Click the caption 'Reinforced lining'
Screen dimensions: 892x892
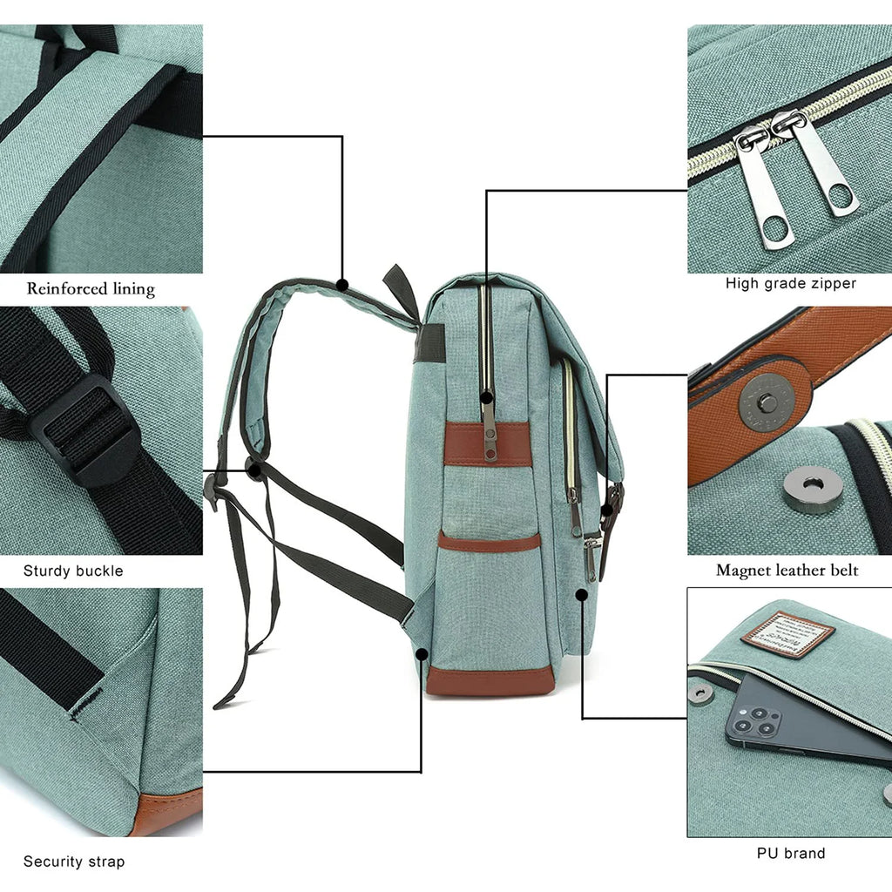[x=91, y=288]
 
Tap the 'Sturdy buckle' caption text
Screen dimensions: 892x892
[x=73, y=571]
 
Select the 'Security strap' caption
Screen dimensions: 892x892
[x=74, y=862]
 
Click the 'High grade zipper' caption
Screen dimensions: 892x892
[x=790, y=283]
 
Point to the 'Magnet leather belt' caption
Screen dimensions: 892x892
[x=787, y=571]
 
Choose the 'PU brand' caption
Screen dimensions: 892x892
[x=791, y=854]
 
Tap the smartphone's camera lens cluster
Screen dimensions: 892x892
[x=754, y=720]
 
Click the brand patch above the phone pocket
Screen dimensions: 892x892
[x=787, y=634]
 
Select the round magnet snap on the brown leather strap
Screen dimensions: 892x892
[x=767, y=402]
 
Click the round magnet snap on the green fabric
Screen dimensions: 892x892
[x=812, y=490]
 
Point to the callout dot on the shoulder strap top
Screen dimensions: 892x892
[x=342, y=284]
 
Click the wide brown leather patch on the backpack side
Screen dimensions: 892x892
[x=488, y=444]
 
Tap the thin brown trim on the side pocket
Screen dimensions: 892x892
[x=489, y=543]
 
